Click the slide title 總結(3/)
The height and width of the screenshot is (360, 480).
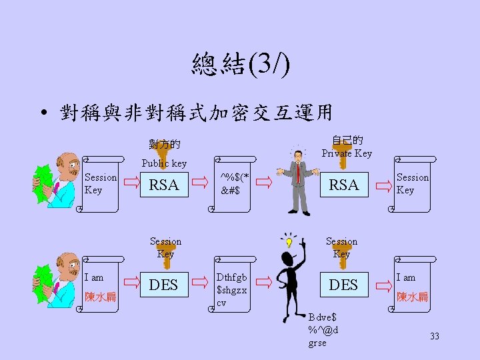point(240,65)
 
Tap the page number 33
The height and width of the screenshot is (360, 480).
point(435,337)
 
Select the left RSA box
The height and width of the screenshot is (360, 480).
point(163,185)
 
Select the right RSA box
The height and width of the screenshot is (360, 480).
point(344,185)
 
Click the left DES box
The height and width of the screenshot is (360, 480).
point(163,285)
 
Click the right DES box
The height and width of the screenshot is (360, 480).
point(344,285)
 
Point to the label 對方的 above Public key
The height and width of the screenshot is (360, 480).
point(164,144)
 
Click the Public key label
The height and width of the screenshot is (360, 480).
point(164,163)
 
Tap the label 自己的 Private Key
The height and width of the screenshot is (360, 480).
point(347,147)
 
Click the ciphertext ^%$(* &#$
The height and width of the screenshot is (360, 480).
point(235,183)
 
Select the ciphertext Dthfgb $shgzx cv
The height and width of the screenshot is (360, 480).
point(232,290)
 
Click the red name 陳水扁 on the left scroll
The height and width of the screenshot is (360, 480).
point(100,297)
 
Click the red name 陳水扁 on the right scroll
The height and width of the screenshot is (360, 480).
point(413,297)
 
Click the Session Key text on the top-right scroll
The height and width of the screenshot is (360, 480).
point(413,183)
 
